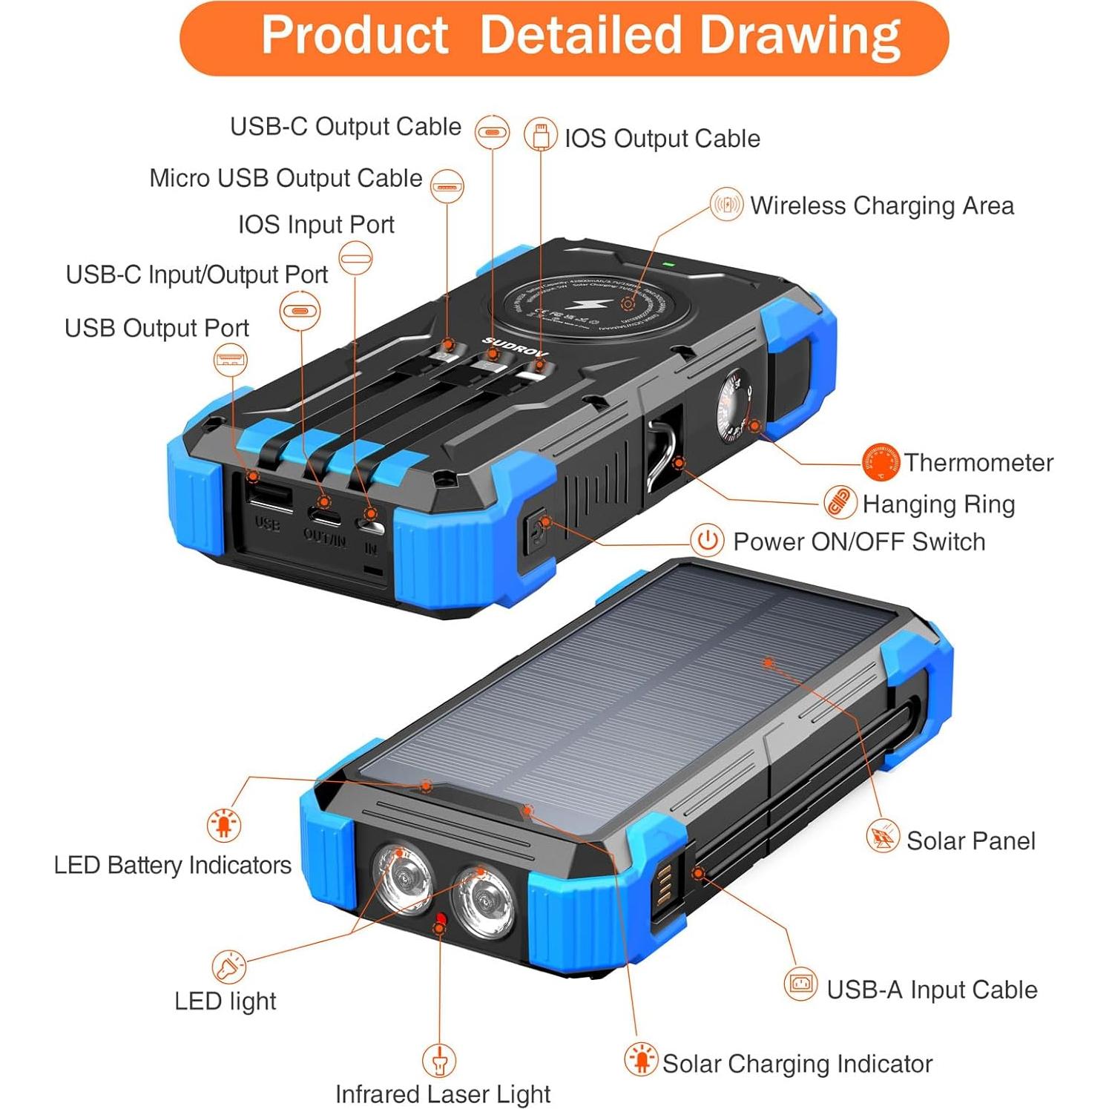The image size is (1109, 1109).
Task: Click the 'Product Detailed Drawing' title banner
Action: click(564, 37)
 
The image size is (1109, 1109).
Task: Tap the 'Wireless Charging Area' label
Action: click(881, 205)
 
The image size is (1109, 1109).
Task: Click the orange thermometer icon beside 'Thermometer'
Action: click(881, 462)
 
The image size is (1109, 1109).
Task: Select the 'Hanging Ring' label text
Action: click(938, 504)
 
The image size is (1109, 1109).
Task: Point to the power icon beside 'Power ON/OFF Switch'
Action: click(707, 541)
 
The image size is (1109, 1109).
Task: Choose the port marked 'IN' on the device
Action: click(370, 526)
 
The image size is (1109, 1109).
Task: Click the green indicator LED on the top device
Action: click(668, 264)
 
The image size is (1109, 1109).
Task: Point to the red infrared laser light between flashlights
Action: click(441, 921)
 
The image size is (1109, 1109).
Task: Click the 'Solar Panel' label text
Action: click(970, 840)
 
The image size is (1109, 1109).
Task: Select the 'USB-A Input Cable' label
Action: click(931, 990)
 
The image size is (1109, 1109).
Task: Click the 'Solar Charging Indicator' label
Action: click(797, 1064)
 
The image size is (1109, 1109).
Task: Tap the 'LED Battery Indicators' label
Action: click(172, 865)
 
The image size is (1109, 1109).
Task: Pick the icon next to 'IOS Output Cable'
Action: click(541, 136)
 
